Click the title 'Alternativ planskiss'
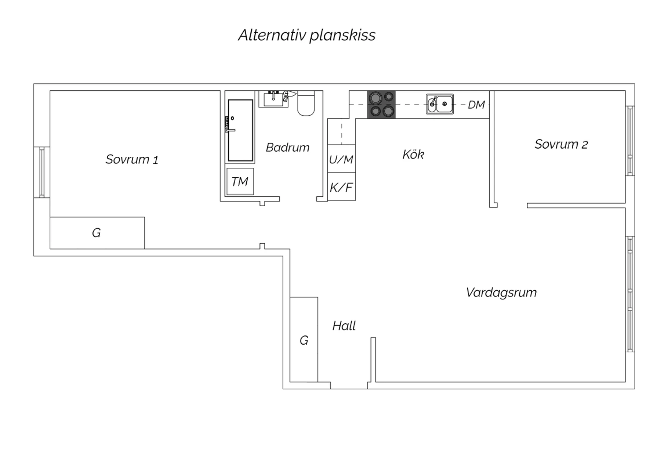tap(306, 35)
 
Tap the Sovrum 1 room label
tap(132, 159)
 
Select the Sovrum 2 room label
tap(561, 144)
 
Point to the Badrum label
tap(287, 147)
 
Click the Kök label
tap(413, 155)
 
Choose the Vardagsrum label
tap(501, 293)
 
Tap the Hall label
tap(344, 326)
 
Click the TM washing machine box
tap(240, 182)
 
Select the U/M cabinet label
tap(341, 159)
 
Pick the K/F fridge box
tap(341, 187)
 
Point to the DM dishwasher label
tap(476, 105)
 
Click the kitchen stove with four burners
tap(381, 105)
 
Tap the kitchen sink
tap(440, 104)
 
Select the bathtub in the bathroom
tap(240, 130)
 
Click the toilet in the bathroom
tap(306, 103)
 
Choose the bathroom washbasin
tap(273, 98)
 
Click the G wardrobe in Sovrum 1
tap(97, 233)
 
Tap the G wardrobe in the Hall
tap(304, 340)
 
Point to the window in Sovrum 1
tap(42, 172)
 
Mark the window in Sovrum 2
tap(630, 140)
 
